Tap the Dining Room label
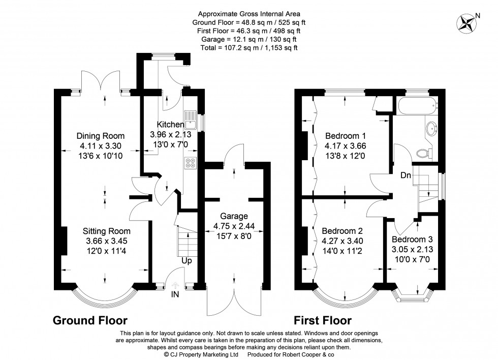pyautogui.click(x=100, y=136)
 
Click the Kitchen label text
pyautogui.click(x=170, y=125)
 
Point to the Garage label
pyautogui.click(x=234, y=215)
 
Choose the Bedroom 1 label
pyautogui.click(x=346, y=136)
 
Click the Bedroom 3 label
pyautogui.click(x=412, y=239)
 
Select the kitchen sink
pyautogui.click(x=191, y=118)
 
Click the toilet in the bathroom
pyautogui.click(x=422, y=152)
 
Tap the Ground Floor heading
pyautogui.click(x=90, y=320)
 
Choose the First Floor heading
pyautogui.click(x=322, y=320)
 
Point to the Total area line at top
pyautogui.click(x=248, y=47)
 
